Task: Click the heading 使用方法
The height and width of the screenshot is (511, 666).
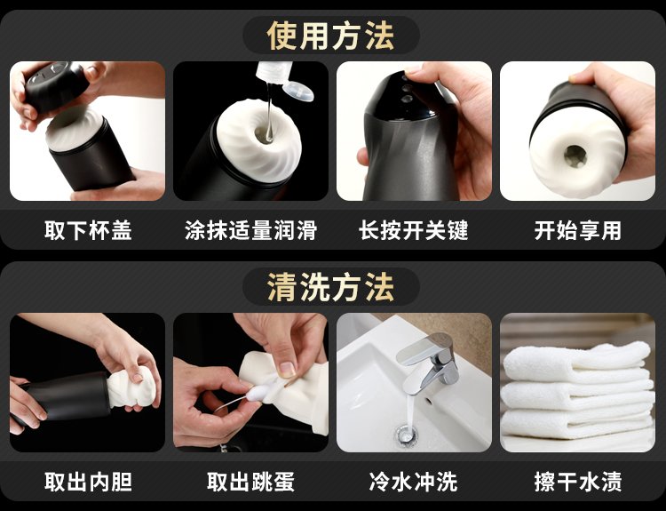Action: coord(330,36)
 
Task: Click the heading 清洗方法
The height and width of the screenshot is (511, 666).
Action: coord(330,287)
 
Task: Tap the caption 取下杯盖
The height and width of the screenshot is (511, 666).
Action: coord(88,230)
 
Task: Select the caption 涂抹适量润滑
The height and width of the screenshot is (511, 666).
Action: coord(250,230)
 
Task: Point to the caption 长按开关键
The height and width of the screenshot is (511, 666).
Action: coord(414,230)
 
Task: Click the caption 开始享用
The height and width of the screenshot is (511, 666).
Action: coord(578,230)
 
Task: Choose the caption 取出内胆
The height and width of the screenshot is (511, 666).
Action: coord(88,482)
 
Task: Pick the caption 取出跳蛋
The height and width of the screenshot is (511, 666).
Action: coord(250,482)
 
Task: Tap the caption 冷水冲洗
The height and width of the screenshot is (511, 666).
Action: coord(414,482)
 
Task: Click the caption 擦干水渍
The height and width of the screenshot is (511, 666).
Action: coord(578,482)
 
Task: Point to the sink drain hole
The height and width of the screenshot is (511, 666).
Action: coord(407,434)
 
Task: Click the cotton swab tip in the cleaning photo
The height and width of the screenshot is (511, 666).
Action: coord(256,394)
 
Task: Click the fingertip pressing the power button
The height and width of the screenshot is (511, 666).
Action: coord(411,73)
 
